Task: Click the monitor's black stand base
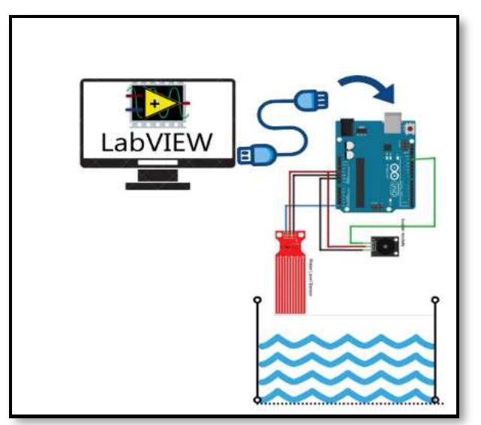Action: tap(158, 184)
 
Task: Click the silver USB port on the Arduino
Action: tap(392, 122)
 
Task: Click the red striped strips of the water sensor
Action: tap(290, 285)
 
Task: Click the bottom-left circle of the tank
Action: tap(257, 400)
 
